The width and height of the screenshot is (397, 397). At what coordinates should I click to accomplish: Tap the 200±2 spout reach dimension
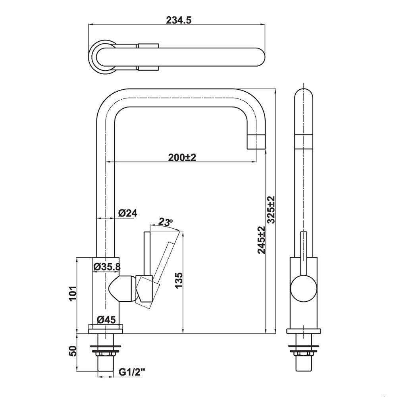coord(182,157)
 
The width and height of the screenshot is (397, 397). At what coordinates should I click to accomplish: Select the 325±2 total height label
coord(271,210)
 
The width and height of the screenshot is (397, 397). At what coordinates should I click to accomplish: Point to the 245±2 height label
coord(261,240)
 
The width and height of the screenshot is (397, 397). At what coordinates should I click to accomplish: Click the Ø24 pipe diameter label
coord(127,213)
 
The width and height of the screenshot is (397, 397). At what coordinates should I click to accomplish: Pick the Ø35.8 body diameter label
coord(106,267)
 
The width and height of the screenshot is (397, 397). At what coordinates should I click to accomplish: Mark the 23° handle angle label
coord(166,222)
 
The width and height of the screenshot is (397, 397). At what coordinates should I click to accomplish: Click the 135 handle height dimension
coord(178,281)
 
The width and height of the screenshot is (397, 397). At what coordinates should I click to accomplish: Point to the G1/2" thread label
coord(132,372)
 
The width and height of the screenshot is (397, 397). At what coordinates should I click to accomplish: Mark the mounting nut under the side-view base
coord(304,350)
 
